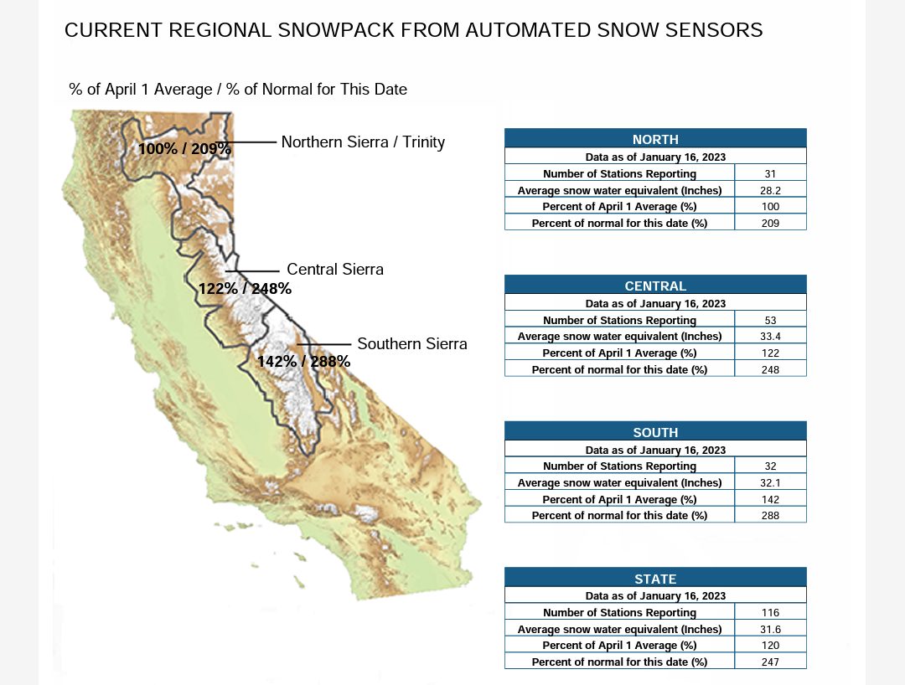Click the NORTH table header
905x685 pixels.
[x=655, y=139]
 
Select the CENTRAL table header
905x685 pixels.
[x=655, y=286]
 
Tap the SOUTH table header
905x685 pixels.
[x=655, y=432]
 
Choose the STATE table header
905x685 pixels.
[x=655, y=579]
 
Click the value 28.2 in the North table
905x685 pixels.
[x=770, y=190]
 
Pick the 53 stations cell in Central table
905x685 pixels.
[x=770, y=320]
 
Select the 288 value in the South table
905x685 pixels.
[x=770, y=516]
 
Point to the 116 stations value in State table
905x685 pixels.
[x=770, y=612]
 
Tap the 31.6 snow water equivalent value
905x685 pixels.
[x=770, y=629]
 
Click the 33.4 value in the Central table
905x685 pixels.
[x=770, y=336]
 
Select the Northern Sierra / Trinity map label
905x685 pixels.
[x=363, y=142]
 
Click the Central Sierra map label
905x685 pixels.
[x=334, y=270]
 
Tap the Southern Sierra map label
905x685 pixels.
[x=412, y=343]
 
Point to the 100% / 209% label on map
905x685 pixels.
[x=184, y=149]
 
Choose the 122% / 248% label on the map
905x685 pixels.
[x=245, y=288]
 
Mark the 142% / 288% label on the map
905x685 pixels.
[x=303, y=362]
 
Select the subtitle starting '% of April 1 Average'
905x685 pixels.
[x=238, y=90]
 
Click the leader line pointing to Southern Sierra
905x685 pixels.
[x=323, y=344]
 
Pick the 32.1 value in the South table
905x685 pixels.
[x=770, y=482]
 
